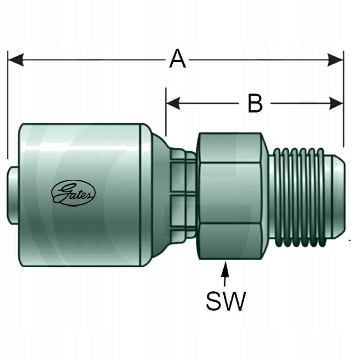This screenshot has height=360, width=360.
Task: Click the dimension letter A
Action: pyautogui.click(x=177, y=59)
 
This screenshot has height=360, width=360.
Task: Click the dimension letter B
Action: pyautogui.click(x=255, y=103)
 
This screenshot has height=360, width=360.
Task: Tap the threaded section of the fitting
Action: pyautogui.click(x=297, y=196)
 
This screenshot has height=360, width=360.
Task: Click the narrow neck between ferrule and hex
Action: pyautogui.click(x=182, y=193)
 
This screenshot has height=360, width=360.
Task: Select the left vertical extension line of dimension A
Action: pyautogui.click(x=8, y=108)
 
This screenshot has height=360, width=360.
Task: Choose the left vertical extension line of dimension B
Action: pyautogui.click(x=166, y=112)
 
